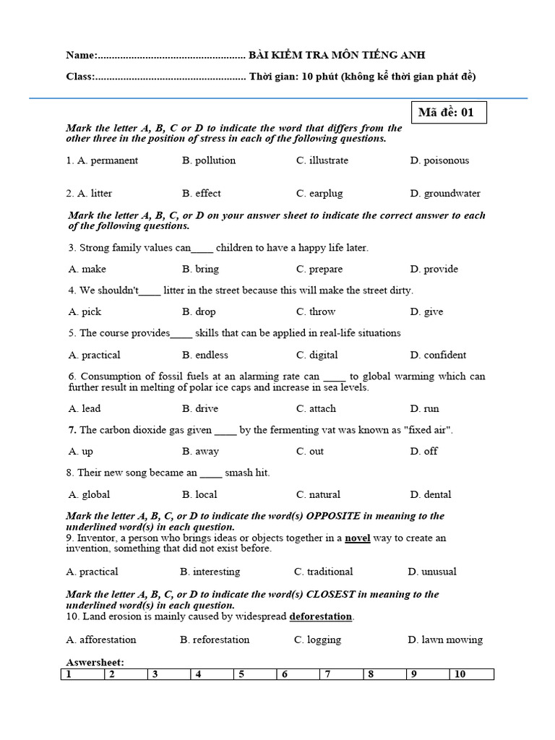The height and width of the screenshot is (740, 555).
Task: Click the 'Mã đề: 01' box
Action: coord(447,113)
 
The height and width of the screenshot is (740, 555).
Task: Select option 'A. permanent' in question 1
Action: coord(102,160)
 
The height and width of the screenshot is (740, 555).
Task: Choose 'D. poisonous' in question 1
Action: coord(439,160)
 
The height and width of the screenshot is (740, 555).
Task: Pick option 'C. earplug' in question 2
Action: coord(319,194)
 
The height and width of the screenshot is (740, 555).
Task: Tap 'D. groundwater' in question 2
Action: coord(445,194)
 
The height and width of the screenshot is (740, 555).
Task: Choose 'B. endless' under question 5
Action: coord(205,355)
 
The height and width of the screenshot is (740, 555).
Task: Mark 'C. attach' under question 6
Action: coord(317,408)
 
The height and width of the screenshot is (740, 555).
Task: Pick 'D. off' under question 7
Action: coord(424,451)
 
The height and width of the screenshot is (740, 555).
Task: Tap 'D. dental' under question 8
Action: coord(431,494)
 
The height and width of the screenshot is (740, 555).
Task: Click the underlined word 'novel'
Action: coord(358,538)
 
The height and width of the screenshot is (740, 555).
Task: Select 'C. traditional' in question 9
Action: coord(324,572)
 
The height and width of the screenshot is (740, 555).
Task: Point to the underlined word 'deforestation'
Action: coord(321,616)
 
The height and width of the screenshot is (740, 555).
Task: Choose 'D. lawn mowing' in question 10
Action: coord(445,640)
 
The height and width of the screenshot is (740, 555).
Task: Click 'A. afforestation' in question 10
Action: coord(101,640)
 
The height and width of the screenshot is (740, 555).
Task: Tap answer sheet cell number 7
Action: coord(341,674)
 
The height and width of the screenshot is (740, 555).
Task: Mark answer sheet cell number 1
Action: coord(82,674)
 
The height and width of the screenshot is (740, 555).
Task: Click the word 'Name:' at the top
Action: coord(80,56)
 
